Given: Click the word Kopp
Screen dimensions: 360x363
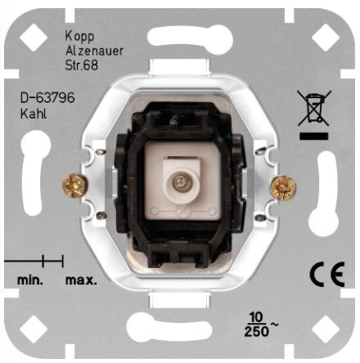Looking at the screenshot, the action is (79, 36).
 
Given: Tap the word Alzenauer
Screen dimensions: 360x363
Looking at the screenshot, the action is (94, 51).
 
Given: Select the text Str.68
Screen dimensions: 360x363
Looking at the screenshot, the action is (82, 65).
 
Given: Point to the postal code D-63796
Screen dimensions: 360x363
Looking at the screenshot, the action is (47, 98).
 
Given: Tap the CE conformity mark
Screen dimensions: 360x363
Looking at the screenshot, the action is (327, 274).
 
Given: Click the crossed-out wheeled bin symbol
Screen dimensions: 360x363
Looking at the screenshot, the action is (314, 108).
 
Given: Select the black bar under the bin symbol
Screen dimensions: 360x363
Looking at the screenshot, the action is (314, 137).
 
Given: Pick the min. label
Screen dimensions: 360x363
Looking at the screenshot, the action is (30, 280).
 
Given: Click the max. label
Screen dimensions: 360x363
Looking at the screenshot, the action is (81, 280).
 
